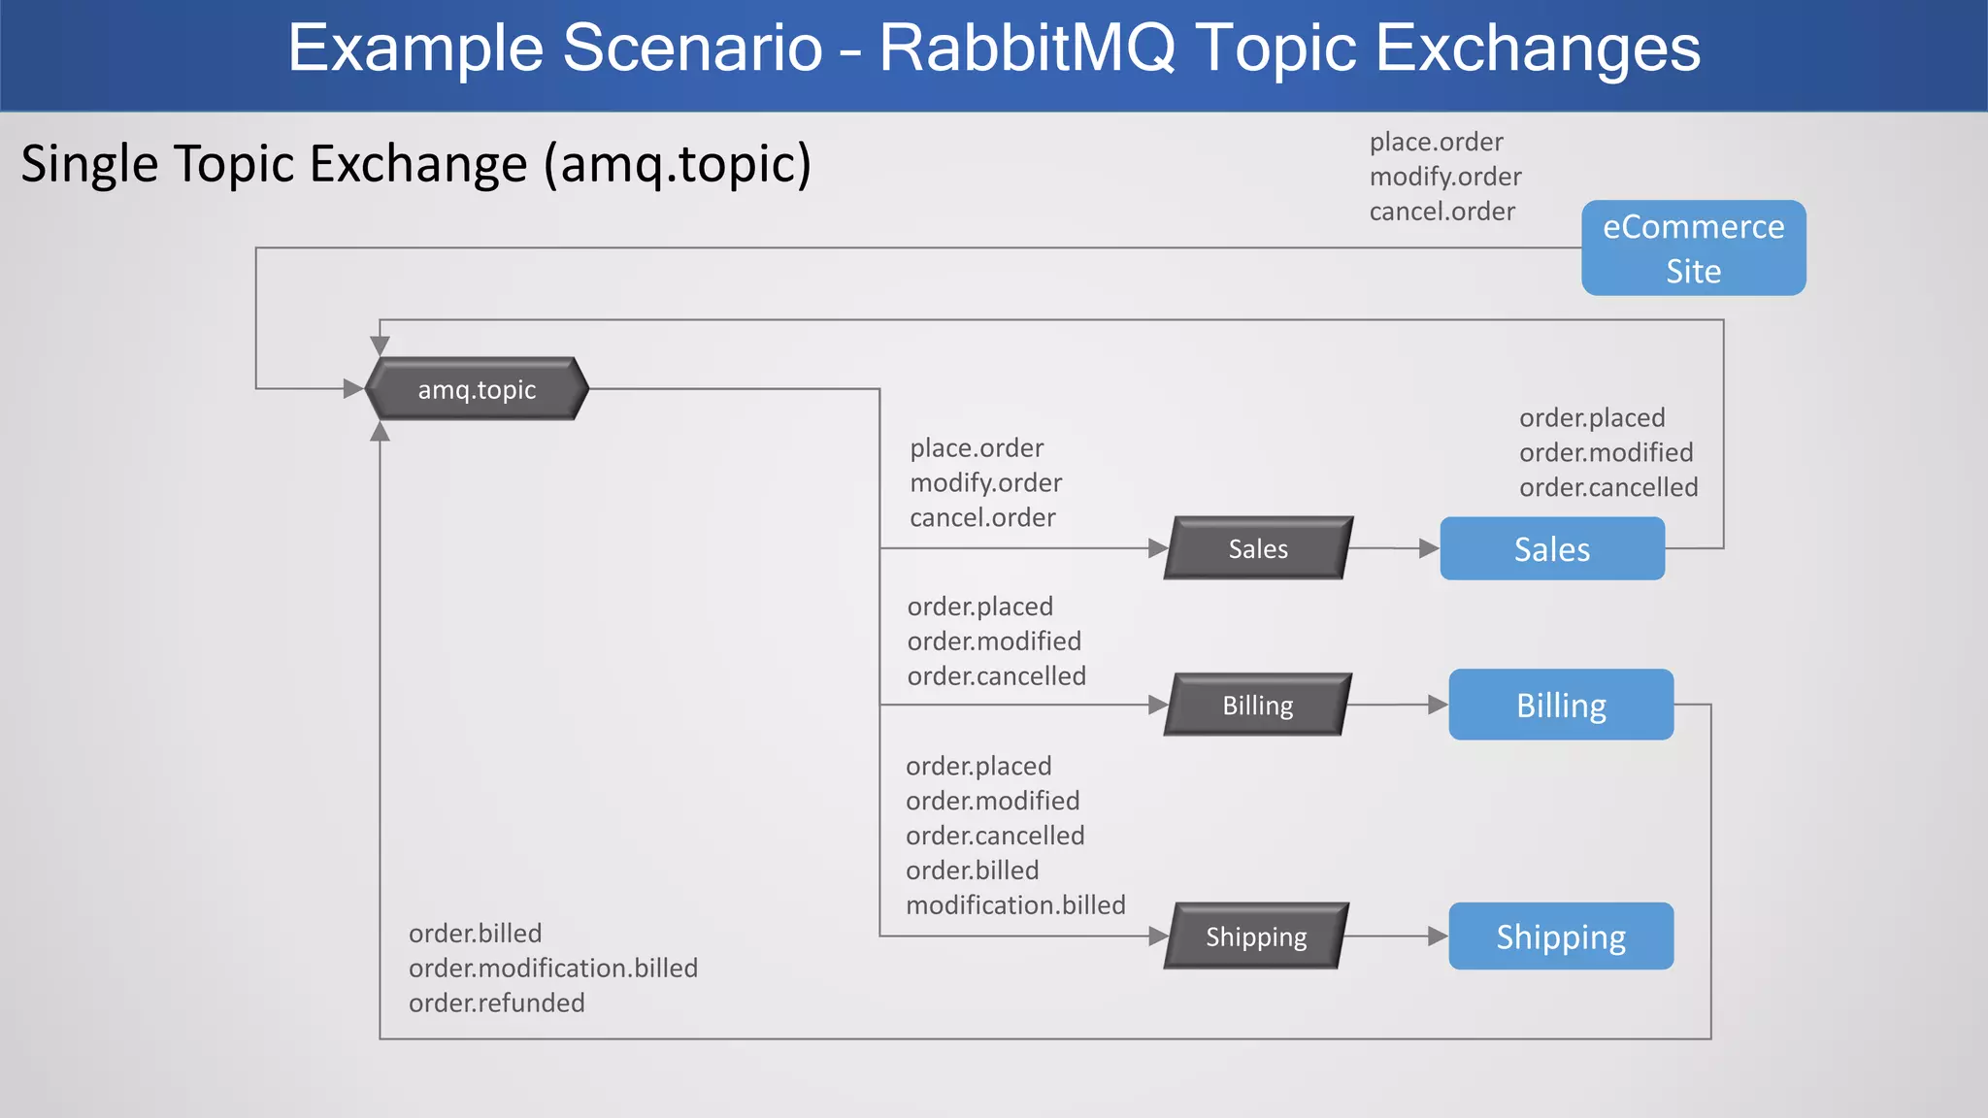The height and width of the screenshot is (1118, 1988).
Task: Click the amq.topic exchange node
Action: click(477, 389)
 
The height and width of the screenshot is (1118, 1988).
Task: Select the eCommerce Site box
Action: click(1693, 247)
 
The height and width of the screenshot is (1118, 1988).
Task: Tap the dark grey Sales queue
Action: click(1258, 548)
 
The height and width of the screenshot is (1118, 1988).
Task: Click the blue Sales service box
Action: click(1551, 549)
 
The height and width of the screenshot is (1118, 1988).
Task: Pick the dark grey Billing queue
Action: click(1257, 706)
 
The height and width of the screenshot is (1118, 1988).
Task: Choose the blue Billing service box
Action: click(1560, 706)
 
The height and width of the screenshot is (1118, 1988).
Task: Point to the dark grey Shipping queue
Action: click(1256, 937)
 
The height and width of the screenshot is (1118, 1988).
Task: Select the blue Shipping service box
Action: click(1560, 937)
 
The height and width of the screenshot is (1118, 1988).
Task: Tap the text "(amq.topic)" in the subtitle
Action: click(678, 164)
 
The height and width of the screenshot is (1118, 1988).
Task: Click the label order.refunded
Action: click(496, 1003)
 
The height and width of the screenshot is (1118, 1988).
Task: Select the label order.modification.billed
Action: click(553, 968)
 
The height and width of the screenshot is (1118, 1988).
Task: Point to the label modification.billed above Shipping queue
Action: click(1015, 904)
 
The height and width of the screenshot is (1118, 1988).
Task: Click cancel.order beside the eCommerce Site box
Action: click(1441, 212)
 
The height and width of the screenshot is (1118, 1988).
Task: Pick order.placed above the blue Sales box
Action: click(1592, 417)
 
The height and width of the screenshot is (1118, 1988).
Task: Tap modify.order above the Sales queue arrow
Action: click(985, 482)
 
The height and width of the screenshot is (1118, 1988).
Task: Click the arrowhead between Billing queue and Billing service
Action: click(1438, 705)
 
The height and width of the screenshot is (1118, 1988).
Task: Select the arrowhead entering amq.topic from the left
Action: click(353, 389)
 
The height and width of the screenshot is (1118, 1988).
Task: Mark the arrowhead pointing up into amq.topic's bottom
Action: click(381, 432)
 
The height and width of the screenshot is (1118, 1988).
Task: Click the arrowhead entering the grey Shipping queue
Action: click(1157, 937)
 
